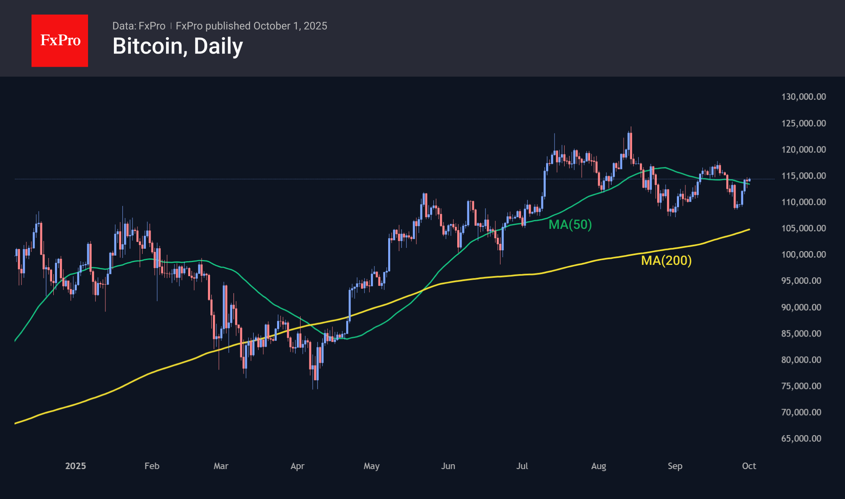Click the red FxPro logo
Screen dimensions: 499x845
pos(60,40)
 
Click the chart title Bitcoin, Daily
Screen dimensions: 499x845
pos(178,46)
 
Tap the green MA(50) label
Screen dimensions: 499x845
pos(570,224)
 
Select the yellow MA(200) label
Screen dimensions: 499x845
pos(666,260)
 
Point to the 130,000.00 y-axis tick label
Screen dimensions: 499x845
pos(803,97)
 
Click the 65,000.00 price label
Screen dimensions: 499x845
pos(801,439)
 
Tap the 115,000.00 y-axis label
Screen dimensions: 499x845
pos(803,176)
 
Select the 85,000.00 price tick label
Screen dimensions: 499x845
pos(801,334)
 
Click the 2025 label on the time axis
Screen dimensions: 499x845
pos(76,466)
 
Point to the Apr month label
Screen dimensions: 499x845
pos(297,466)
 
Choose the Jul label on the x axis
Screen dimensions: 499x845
pos(522,466)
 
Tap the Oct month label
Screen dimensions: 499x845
pos(749,466)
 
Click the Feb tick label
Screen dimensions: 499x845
pos(152,466)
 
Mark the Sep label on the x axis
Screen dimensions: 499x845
pos(675,466)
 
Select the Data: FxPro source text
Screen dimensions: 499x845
pos(139,26)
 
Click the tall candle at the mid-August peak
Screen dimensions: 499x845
pos(630,146)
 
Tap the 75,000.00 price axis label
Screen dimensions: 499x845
pos(801,386)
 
